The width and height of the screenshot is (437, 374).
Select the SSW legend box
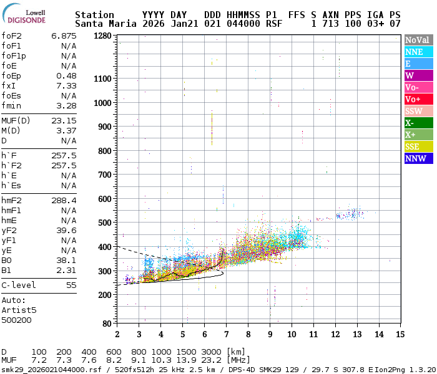417,111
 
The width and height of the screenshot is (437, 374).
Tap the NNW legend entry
417,158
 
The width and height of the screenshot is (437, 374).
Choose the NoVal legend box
417,40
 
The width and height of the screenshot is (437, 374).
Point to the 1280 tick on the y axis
102,36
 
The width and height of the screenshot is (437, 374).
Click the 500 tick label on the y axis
104,223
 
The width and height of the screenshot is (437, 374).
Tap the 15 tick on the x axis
400,334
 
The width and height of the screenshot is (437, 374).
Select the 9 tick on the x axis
270,334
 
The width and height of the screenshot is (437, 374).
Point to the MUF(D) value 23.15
64,121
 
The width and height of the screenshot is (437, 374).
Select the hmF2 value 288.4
64,201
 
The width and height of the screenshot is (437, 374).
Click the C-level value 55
71,285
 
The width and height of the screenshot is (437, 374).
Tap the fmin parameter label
11,105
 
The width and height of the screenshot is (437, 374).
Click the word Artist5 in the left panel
19,310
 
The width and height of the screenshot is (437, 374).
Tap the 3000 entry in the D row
211,352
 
